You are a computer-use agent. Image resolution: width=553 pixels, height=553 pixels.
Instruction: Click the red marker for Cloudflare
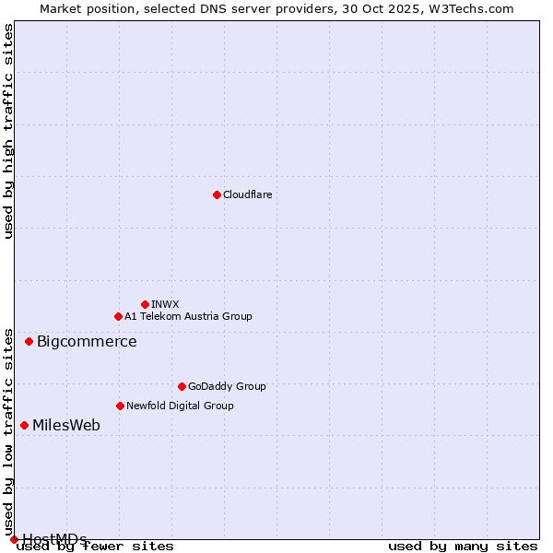217,194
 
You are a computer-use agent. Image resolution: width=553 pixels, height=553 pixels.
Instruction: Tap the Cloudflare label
248,194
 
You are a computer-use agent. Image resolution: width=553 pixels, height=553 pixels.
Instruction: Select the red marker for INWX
145,304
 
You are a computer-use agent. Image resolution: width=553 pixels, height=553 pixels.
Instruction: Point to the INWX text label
165,304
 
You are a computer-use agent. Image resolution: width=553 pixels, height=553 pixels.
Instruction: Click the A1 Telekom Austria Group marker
118,316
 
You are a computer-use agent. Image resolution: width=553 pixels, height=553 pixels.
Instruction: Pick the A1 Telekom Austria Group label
188,316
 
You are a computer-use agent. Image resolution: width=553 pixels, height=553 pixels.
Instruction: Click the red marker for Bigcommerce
29,341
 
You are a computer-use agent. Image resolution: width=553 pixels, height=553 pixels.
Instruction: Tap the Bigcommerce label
87,342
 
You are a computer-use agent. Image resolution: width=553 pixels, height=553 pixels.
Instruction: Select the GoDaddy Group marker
182,386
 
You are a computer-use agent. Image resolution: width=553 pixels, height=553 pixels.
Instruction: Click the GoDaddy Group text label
227,386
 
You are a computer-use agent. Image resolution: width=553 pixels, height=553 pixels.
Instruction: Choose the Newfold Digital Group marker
120,406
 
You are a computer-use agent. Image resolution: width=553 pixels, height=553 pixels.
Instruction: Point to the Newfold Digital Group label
180,406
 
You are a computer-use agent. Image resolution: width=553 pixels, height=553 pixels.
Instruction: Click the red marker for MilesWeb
24,425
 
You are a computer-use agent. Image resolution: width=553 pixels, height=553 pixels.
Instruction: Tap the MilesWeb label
66,426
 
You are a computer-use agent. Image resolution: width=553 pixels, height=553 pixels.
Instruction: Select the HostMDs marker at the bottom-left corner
14,539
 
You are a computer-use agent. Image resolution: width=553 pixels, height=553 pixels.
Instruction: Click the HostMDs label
54,538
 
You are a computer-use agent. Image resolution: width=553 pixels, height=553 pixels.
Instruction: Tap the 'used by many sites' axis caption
463,547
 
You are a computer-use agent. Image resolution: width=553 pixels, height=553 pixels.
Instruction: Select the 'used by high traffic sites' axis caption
8,131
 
